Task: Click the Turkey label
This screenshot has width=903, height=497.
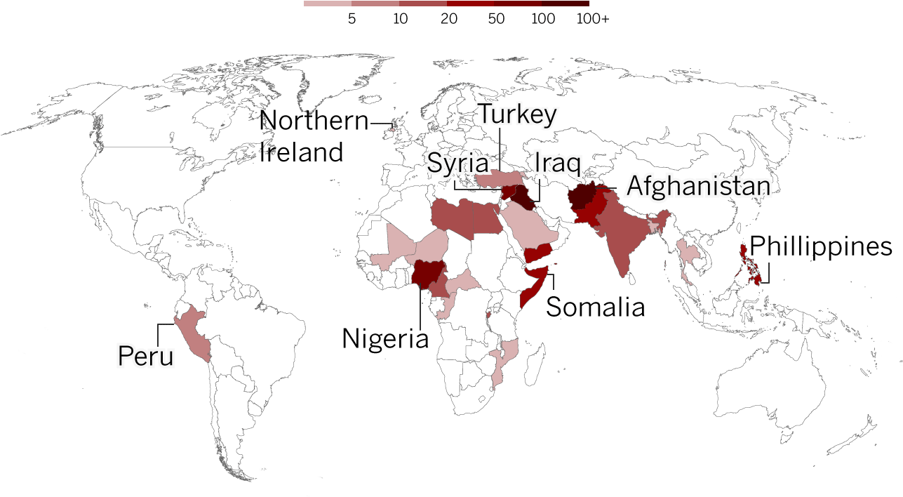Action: tap(518, 115)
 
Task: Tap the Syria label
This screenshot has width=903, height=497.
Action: tap(458, 164)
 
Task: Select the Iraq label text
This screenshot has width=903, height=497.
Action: tap(557, 164)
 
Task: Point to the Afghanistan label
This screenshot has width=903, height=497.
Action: tap(698, 186)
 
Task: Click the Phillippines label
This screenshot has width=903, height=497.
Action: tap(821, 247)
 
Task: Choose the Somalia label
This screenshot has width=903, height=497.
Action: tap(595, 307)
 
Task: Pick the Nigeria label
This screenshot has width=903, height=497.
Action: tap(385, 339)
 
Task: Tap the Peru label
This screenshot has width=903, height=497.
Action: tap(145, 356)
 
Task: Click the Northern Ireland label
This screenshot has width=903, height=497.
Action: tap(313, 136)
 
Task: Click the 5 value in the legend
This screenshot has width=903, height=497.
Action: tap(352, 20)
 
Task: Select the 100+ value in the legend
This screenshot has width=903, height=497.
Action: tap(593, 20)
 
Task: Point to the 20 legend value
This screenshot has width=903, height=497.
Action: tap(449, 20)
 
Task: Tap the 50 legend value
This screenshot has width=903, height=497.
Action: tap(496, 20)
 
